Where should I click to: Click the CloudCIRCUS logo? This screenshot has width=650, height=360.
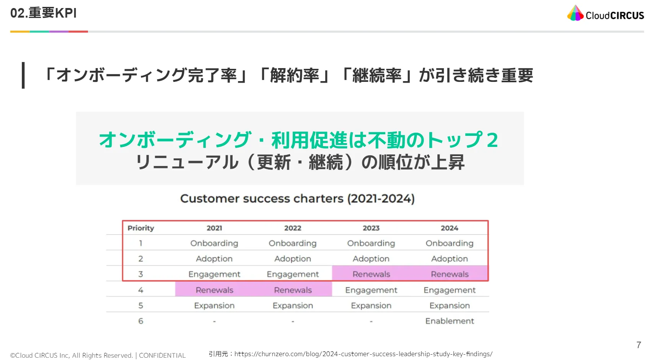(605, 13)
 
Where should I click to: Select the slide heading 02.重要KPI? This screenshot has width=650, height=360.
(43, 13)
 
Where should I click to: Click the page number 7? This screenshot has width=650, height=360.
(639, 345)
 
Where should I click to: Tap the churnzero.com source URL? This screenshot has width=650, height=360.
(363, 354)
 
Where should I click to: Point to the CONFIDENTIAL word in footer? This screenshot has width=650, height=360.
(162, 355)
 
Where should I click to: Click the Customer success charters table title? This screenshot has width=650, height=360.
(297, 199)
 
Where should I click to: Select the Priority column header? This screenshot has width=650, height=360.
(141, 228)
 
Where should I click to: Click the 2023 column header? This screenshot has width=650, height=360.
(371, 228)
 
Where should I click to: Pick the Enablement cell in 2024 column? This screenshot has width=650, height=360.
(450, 321)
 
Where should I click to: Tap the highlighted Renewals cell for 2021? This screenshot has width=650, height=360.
(215, 290)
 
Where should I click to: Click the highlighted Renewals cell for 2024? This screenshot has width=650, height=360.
(450, 274)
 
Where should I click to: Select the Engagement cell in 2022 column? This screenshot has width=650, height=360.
(293, 274)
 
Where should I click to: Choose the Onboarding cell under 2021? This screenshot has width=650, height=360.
(214, 243)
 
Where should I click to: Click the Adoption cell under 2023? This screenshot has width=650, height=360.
(371, 259)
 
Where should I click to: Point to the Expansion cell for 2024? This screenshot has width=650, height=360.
(450, 306)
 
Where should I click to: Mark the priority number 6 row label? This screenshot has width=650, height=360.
(141, 321)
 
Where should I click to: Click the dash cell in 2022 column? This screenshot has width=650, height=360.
(293, 321)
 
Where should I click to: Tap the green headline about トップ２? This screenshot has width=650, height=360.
(299, 140)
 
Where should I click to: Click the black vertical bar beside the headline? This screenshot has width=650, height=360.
(23, 75)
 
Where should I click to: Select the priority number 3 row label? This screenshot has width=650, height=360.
(141, 274)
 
